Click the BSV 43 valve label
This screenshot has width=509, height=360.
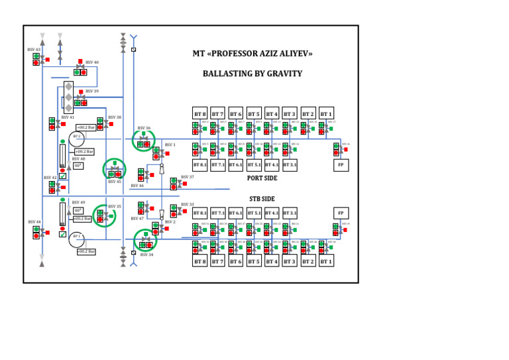tap(34, 49)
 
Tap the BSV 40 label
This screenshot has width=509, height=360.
tap(92, 62)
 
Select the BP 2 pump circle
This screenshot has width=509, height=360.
tap(77, 137)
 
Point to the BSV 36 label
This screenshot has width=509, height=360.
tap(144, 128)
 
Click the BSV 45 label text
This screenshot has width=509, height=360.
tap(114, 182)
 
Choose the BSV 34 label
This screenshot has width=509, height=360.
tap(146, 255)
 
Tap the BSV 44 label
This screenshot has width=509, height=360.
tap(34, 222)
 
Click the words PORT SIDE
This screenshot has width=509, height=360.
tap(262, 178)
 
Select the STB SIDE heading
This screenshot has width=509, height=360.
tap(262, 199)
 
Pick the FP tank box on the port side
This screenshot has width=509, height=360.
tap(341, 164)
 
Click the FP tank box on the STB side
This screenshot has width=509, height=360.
tap(341, 213)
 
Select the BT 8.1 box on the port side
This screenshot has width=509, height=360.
tap(199, 164)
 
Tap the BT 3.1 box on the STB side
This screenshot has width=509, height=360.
tap(290, 213)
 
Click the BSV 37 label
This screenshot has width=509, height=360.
tap(188, 178)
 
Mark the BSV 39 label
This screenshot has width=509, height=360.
tap(92, 91)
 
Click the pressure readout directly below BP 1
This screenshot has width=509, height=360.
tap(86, 252)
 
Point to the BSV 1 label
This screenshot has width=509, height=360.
tap(170, 145)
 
